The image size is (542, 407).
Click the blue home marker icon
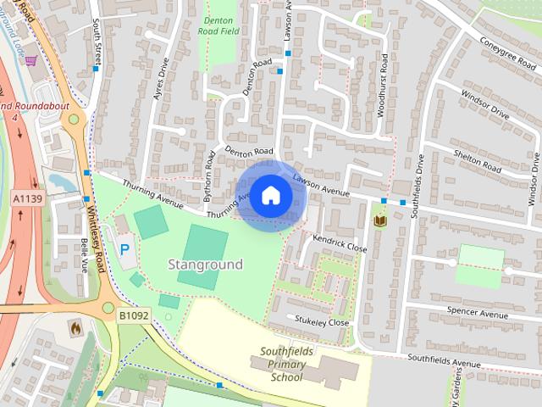[270, 196]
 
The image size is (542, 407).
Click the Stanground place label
[205, 265]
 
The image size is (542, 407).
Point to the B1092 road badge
[133, 315]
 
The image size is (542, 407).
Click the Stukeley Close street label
[322, 322]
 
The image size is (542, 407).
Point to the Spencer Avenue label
[477, 313]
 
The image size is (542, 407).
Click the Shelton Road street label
[478, 159]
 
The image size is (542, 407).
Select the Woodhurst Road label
[383, 85]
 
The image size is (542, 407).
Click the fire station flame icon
[75, 326]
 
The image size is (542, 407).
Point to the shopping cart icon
[31, 61]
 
